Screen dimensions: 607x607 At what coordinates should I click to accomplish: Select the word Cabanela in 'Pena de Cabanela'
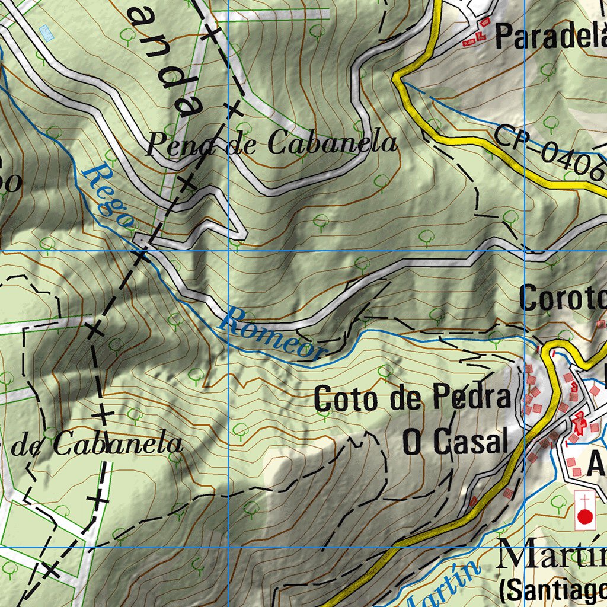[332, 143]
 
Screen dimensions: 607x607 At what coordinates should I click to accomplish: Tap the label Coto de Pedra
[412, 398]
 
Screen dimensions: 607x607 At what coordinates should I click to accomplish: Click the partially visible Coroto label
[563, 299]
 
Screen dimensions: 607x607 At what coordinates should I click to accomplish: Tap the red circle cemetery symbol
[585, 517]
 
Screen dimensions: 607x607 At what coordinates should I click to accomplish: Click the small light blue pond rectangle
[46, 33]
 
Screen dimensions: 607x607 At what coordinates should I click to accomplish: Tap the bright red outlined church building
[579, 421]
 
